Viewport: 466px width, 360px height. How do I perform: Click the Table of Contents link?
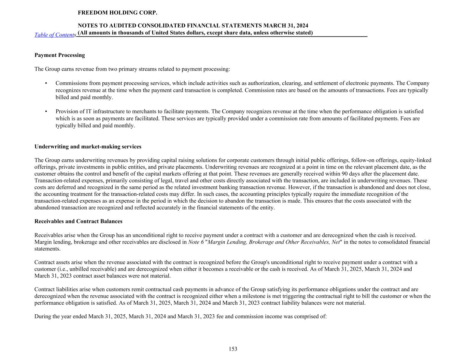55,35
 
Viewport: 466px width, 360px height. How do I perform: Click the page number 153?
233,349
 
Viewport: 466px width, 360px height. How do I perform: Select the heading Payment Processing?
60,55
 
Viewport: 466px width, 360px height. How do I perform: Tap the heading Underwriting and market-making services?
88,146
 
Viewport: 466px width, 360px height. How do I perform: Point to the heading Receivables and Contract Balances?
78,221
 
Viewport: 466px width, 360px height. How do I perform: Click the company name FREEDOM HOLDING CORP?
117,13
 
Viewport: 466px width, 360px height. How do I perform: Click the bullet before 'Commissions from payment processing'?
46,83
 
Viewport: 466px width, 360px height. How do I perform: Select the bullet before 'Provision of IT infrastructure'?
46,112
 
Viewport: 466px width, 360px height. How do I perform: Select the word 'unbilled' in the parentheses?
68,269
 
